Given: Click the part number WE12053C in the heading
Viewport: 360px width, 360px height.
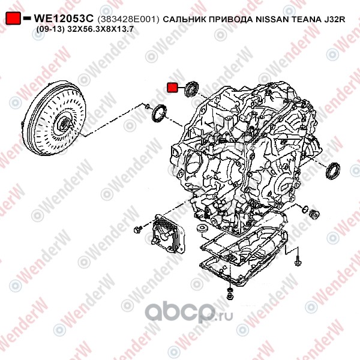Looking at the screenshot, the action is click(x=64, y=19).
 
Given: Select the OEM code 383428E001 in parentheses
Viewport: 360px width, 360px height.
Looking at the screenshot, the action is click(x=128, y=19).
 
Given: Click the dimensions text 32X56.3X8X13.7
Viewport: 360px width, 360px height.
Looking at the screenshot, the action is click(x=100, y=29).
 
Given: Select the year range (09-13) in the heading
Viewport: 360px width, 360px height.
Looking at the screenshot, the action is click(x=50, y=29).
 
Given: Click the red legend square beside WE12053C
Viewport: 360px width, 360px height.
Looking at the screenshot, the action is click(x=13, y=18).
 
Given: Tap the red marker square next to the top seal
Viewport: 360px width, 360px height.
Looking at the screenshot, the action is click(x=172, y=88).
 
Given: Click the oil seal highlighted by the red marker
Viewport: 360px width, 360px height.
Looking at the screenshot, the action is click(x=191, y=89).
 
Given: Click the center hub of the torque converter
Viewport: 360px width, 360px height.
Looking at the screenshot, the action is click(x=63, y=125).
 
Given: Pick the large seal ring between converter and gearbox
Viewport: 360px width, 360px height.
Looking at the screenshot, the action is click(x=159, y=113).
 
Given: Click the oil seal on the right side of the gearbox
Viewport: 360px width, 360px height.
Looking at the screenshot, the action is click(x=333, y=170).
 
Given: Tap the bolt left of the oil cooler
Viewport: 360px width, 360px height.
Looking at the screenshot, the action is click(x=138, y=229).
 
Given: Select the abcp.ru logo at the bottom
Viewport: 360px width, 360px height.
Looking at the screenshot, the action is click(x=189, y=312).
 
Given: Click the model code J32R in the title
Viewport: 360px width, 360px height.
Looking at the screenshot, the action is click(x=335, y=19).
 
